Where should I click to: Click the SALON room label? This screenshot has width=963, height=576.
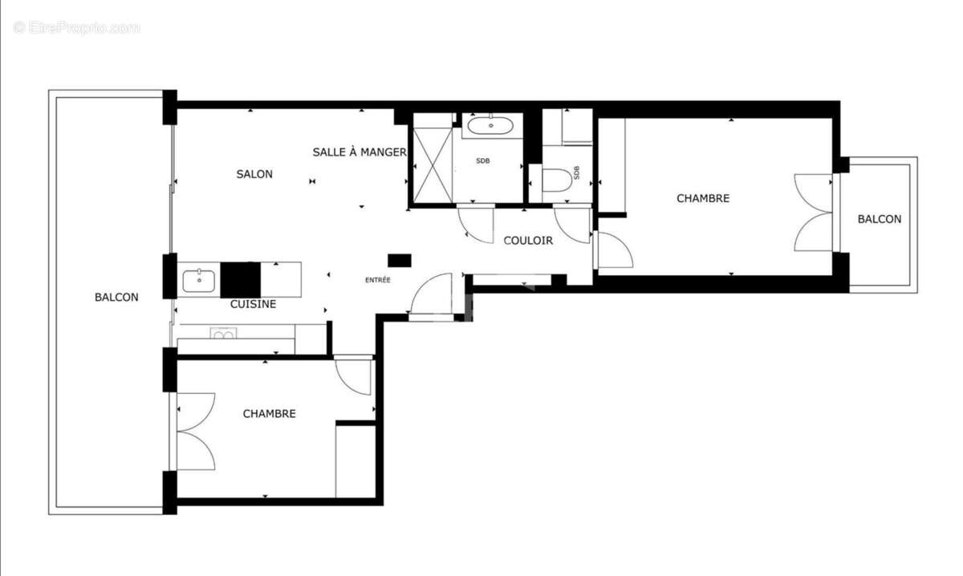click(x=254, y=174)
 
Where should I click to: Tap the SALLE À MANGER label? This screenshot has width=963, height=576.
click(x=360, y=152)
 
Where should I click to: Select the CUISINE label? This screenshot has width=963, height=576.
click(x=253, y=304)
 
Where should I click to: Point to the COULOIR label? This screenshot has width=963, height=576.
click(x=528, y=241)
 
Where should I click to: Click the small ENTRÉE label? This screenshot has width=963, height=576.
click(x=378, y=280)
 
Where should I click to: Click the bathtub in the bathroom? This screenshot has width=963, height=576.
click(x=490, y=125)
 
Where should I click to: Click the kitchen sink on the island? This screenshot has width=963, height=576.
click(x=198, y=280)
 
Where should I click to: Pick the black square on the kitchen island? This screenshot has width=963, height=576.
click(x=240, y=280)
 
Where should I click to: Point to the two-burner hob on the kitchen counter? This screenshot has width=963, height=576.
click(x=222, y=334)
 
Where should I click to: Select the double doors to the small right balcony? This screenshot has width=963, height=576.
click(x=814, y=213)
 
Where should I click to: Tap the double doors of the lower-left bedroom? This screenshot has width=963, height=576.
click(x=195, y=431)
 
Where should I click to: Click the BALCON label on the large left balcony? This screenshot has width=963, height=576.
click(x=116, y=297)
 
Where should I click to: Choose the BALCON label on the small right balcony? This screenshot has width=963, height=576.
click(x=879, y=219)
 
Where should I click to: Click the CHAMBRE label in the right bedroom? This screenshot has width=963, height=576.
click(x=703, y=198)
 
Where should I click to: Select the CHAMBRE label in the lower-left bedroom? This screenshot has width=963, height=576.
click(x=269, y=414)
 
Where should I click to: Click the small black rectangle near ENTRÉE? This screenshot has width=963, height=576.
click(x=399, y=260)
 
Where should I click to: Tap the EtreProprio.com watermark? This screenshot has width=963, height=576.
click(x=76, y=28)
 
